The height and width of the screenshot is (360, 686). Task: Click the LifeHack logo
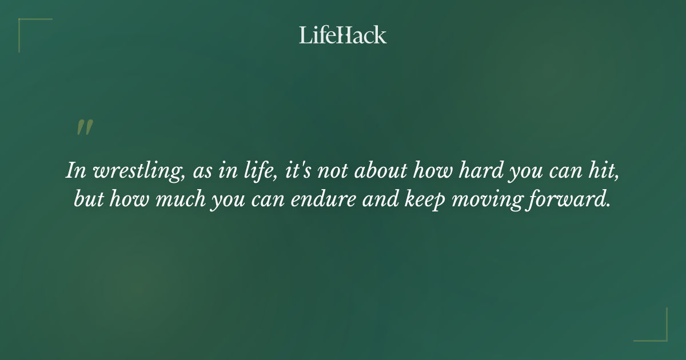tap(343, 35)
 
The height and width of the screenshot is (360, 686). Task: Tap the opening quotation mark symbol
tap(84, 127)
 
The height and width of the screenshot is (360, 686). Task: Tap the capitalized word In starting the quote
tap(74, 171)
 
